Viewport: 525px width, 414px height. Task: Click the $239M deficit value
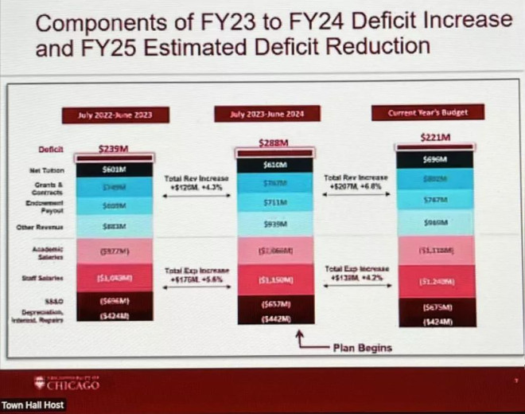pos(115,148)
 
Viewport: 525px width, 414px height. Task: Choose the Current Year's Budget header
pos(428,112)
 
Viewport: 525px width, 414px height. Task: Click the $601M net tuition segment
pos(115,169)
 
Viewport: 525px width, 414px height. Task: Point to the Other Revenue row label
pos(46,227)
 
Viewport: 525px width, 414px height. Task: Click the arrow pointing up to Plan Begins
pos(301,340)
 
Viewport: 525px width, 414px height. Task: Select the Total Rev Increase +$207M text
pos(356,182)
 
